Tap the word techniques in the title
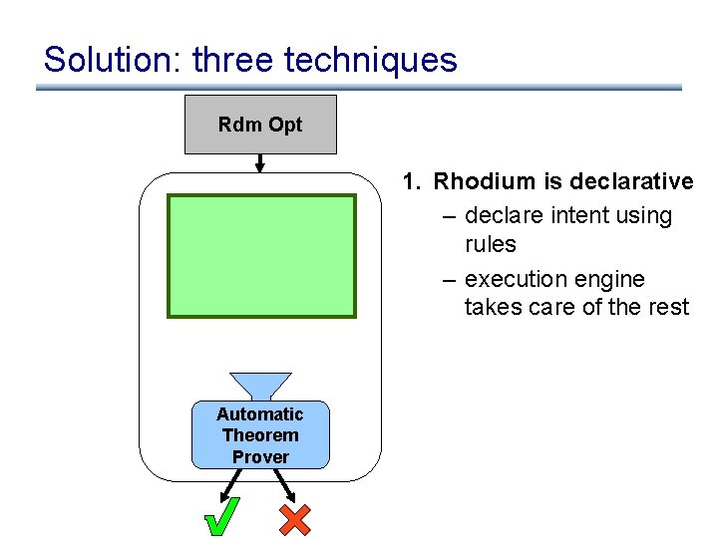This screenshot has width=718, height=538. [371, 60]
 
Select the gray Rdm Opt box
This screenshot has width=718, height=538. [260, 125]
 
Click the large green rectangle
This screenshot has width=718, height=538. [261, 256]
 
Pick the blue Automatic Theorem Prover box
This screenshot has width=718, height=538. [260, 435]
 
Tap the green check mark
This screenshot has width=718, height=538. [221, 517]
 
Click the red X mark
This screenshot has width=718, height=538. [294, 518]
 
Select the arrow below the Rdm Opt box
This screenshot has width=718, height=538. [260, 162]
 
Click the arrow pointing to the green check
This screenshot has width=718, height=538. [230, 484]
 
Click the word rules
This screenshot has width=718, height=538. [491, 244]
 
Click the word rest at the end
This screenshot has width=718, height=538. [667, 307]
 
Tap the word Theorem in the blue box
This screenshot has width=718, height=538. [260, 435]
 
